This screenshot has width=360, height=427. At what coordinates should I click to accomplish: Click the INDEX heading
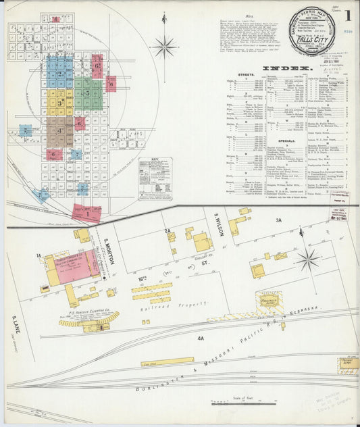point(287,68)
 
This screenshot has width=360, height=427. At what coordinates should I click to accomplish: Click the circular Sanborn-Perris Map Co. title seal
point(311,32)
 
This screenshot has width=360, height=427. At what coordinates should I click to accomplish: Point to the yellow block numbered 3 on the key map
point(60,102)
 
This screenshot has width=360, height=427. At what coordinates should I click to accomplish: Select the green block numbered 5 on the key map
point(88,93)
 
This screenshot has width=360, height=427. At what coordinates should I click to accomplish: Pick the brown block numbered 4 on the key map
point(60,130)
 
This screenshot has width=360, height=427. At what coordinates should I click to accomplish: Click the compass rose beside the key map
point(164,47)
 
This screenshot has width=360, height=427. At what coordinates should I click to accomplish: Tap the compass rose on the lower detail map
point(308,259)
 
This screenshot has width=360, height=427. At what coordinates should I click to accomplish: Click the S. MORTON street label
point(108,246)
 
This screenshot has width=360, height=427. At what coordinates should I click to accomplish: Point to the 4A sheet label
point(201,338)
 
